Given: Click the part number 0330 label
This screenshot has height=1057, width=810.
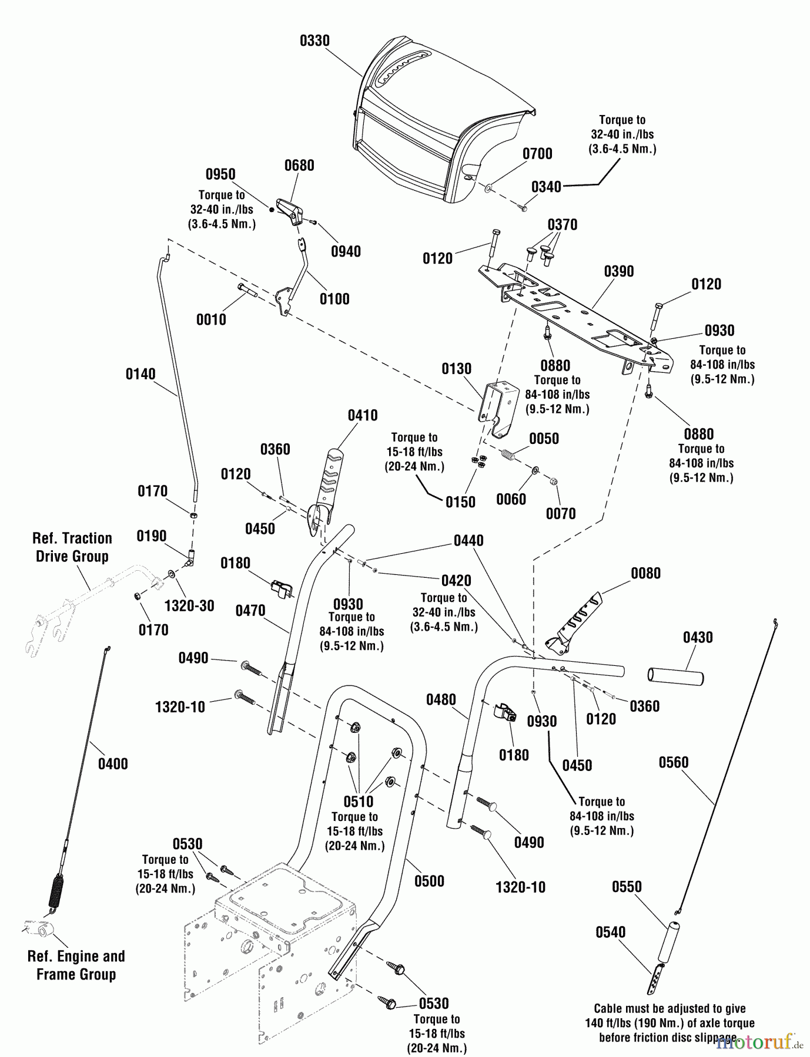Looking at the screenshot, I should click(x=314, y=41).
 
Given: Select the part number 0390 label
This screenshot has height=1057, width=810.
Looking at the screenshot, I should click(x=619, y=271).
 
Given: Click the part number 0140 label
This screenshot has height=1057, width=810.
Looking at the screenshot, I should click(x=140, y=374).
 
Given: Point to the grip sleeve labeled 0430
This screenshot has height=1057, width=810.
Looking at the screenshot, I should click(x=676, y=676).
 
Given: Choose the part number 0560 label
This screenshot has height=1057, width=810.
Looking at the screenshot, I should click(x=673, y=762).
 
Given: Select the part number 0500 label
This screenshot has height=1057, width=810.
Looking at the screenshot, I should click(x=429, y=881).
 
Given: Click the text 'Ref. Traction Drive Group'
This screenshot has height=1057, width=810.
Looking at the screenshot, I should click(x=72, y=547).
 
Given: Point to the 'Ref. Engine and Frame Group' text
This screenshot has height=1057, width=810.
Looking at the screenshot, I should click(x=76, y=965).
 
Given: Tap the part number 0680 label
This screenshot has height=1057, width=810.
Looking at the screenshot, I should click(x=299, y=166).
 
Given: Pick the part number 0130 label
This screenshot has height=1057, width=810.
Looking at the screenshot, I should click(x=457, y=369).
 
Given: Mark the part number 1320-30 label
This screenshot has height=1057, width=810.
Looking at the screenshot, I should click(x=189, y=605).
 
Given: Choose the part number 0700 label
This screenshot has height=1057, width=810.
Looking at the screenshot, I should click(x=537, y=154).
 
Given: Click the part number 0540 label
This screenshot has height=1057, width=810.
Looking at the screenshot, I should click(x=611, y=932).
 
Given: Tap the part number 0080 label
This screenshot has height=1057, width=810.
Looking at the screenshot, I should click(x=646, y=573).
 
